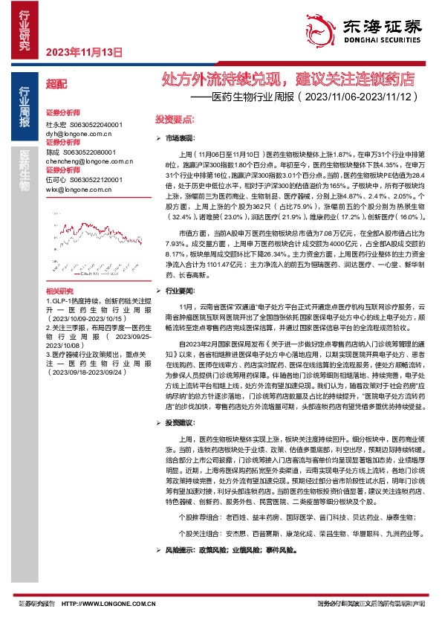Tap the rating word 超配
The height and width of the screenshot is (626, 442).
56,85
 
